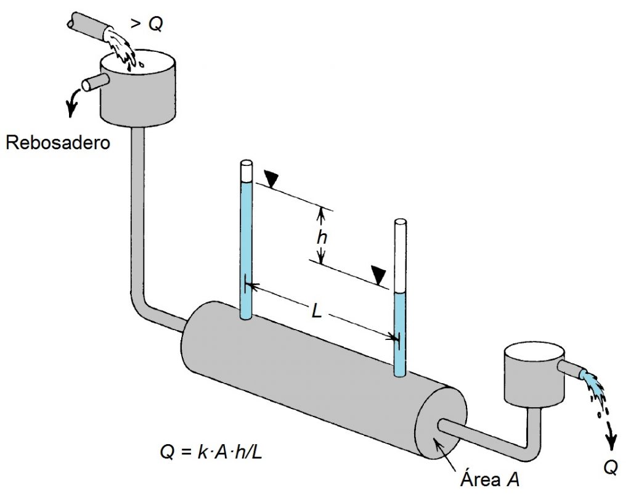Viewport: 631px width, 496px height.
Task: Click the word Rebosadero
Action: [x=58, y=143]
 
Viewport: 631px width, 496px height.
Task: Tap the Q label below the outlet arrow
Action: [x=610, y=469]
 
